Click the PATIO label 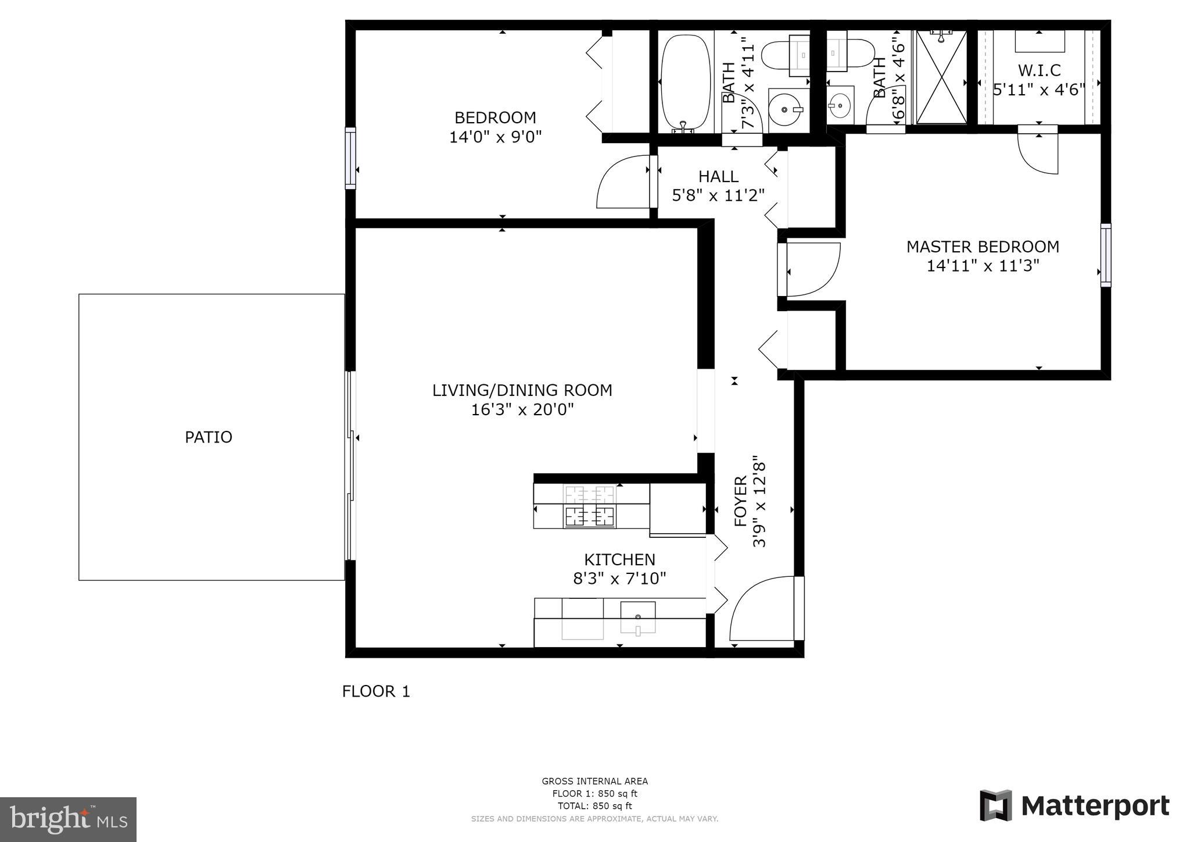[208, 437]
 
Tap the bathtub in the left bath [686, 83]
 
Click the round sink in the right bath [839, 106]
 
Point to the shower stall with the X [941, 77]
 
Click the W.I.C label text [1039, 70]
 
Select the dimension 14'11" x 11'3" [983, 266]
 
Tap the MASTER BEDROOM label [983, 247]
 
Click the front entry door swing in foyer [761, 611]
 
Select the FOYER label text [740, 501]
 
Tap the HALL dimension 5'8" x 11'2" [718, 195]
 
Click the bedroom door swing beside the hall [622, 183]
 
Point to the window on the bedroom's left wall [350, 158]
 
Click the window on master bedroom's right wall [1106, 255]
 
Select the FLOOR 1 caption [376, 691]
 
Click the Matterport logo [1074, 806]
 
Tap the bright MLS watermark [68, 819]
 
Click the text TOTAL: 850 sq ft [594, 806]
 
